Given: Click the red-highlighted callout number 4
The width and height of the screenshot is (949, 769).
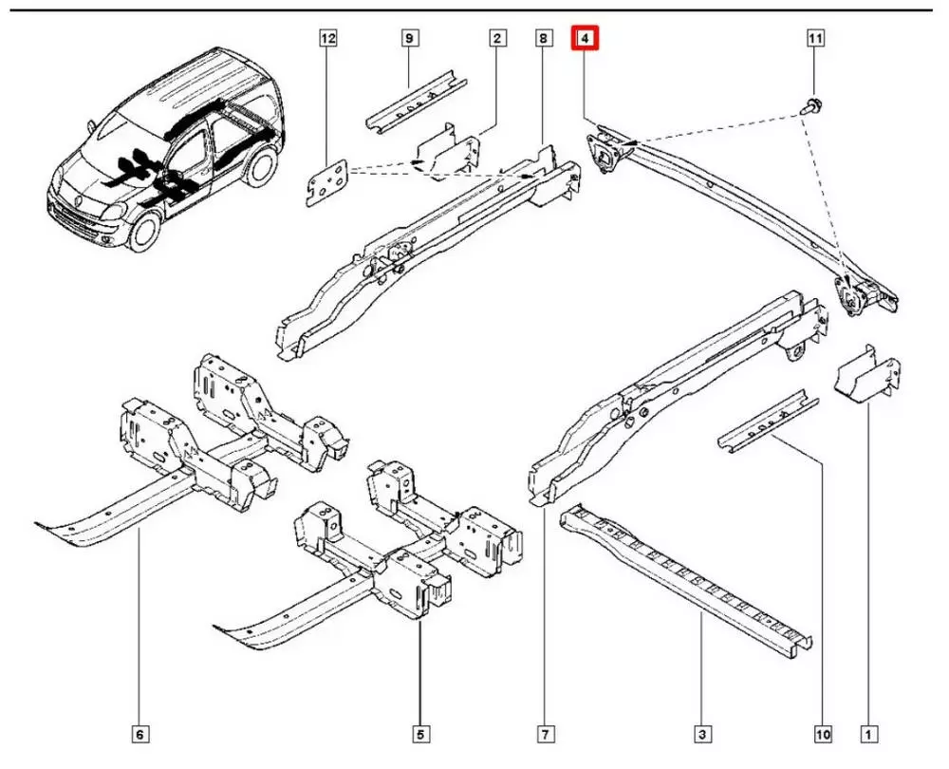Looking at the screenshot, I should pos(586,39).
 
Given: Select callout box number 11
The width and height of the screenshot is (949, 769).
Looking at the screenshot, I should pos(814,39).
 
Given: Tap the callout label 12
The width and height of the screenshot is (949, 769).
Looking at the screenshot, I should pos(328,39).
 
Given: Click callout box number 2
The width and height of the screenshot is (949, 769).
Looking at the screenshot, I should pos(496,39).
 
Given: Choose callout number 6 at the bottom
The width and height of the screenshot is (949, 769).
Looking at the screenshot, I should pos(140,734).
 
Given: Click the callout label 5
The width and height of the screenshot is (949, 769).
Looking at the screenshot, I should pos(420,734).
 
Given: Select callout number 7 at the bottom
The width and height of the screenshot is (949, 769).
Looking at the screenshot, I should pos(545,734).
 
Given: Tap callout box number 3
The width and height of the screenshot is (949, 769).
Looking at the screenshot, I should pos(701,734).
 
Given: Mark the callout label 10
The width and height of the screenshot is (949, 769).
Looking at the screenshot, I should pos(822,734).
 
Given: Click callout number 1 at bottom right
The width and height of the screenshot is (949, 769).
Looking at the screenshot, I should pos(866,734).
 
